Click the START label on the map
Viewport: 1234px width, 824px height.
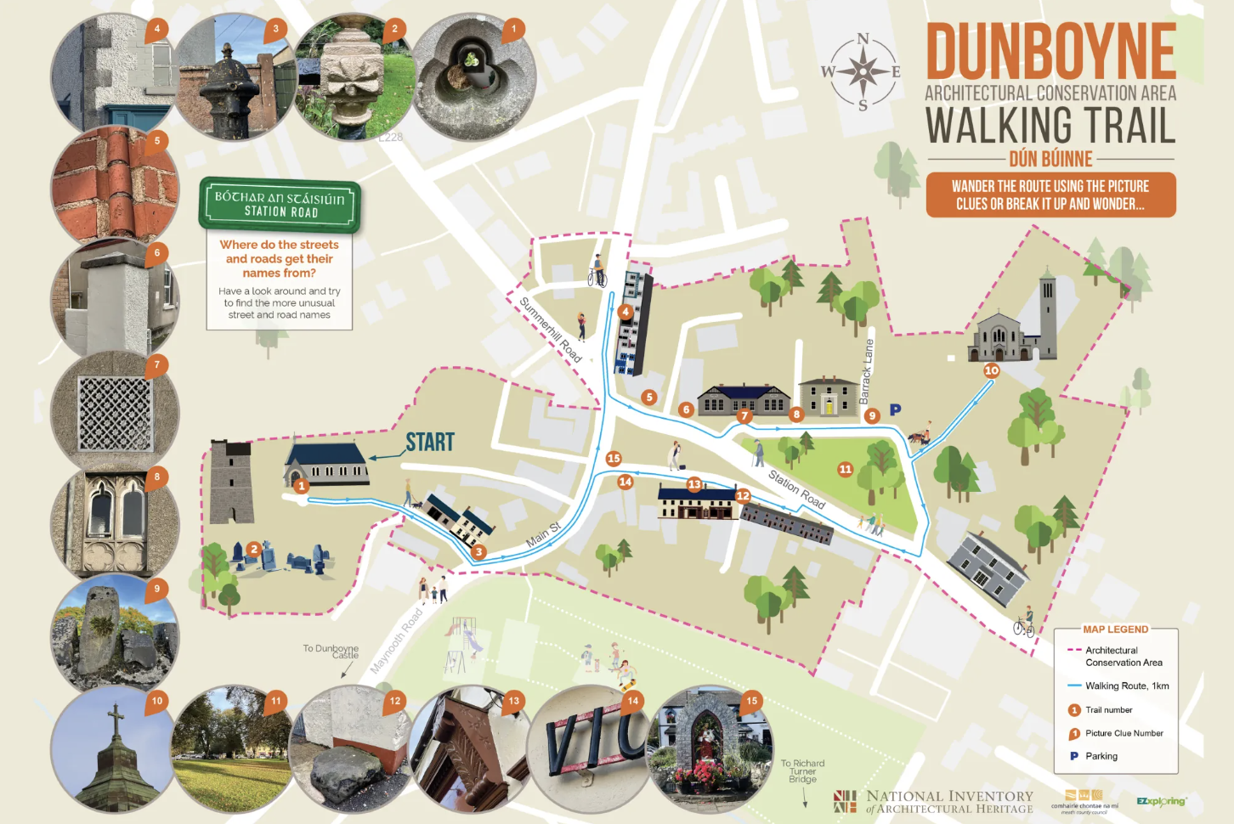pos(430,442)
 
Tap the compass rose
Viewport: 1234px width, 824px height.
pos(863,71)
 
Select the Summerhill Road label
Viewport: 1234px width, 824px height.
pos(551,330)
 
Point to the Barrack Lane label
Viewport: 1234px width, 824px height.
pos(867,371)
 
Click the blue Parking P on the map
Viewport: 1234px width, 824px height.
pos(895,410)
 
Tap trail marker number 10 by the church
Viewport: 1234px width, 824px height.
pos(992,370)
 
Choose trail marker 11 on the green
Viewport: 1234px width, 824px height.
pos(845,469)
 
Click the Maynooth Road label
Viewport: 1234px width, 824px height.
pos(397,641)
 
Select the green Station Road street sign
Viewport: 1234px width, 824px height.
pos(280,205)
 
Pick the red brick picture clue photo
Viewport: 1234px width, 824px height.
pos(115,185)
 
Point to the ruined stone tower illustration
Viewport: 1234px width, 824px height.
pos(231,482)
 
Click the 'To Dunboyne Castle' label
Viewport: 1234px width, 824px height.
pos(331,652)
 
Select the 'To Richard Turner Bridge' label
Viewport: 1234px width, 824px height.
pos(802,771)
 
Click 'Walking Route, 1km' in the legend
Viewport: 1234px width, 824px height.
pos(1127,686)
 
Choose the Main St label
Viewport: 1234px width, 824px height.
pos(543,534)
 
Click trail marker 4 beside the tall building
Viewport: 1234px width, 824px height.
pos(625,312)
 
